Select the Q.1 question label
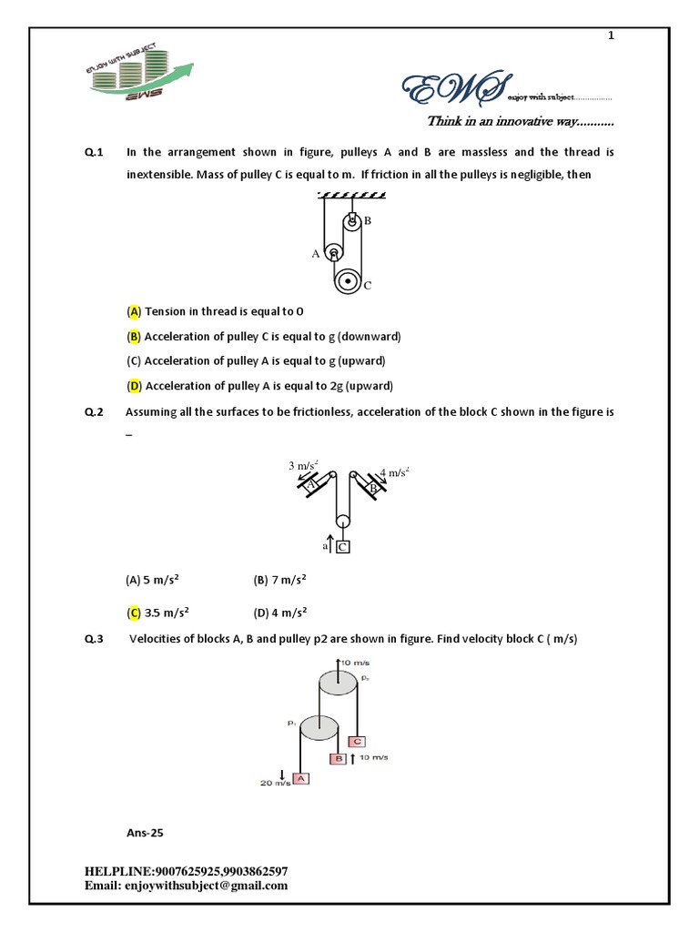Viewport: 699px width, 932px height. point(94,152)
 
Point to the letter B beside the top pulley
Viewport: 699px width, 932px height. point(368,221)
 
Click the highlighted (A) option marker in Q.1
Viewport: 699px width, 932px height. point(134,311)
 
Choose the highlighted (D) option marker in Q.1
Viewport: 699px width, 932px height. point(134,386)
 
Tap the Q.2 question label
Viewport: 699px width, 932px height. point(94,412)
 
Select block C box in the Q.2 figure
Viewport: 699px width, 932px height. point(343,546)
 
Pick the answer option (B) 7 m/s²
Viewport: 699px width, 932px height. point(279,580)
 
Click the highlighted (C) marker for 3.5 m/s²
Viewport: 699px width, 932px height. point(134,612)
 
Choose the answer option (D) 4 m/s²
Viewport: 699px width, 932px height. point(279,612)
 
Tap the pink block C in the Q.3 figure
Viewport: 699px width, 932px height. point(357,741)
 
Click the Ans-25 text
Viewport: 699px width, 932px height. point(146,832)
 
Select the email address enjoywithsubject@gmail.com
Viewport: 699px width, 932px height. point(187,885)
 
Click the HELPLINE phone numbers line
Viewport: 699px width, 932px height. point(187,871)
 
